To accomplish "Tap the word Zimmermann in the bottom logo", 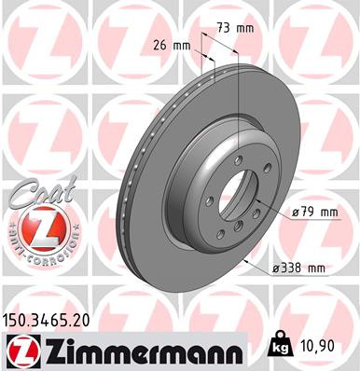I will click(x=139, y=350).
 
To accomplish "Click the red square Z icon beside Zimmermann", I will click(x=18, y=350).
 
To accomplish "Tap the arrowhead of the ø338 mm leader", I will click(x=244, y=262).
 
